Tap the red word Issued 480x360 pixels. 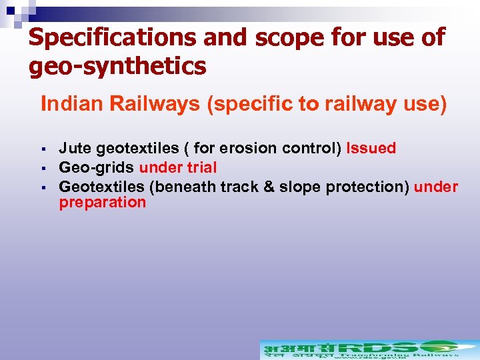click(x=371, y=149)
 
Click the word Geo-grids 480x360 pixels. click(x=96, y=167)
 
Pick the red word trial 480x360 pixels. click(x=201, y=167)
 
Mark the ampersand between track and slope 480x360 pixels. click(x=269, y=187)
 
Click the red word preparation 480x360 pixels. click(x=102, y=203)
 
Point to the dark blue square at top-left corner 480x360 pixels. click(x=10, y=10)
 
